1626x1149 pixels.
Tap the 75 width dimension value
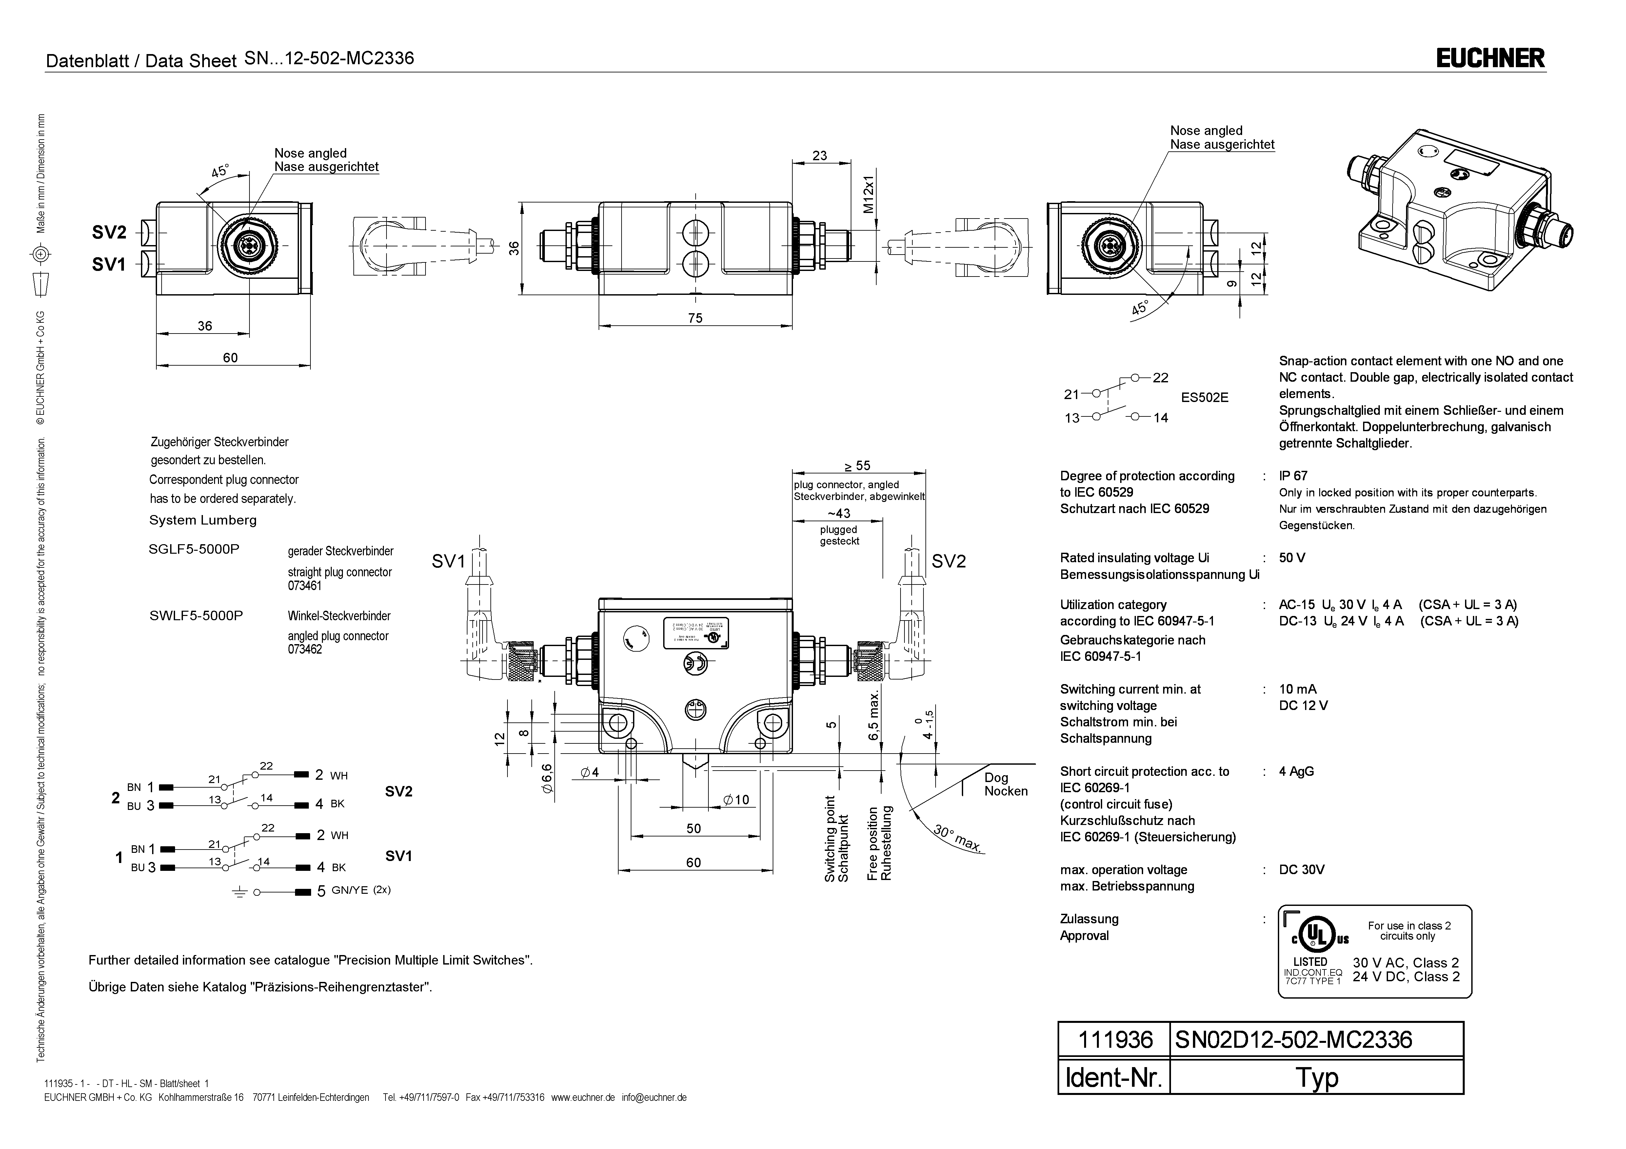click(x=695, y=318)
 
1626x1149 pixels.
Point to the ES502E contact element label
click(x=1204, y=398)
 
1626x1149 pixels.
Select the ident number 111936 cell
click(x=1115, y=1040)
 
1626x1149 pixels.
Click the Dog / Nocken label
click(x=1005, y=784)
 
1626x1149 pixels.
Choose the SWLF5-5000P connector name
click(x=196, y=616)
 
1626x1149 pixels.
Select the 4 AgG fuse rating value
click(x=1296, y=772)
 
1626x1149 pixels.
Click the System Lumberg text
click(x=203, y=520)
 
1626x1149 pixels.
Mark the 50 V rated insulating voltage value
click(x=1292, y=558)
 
